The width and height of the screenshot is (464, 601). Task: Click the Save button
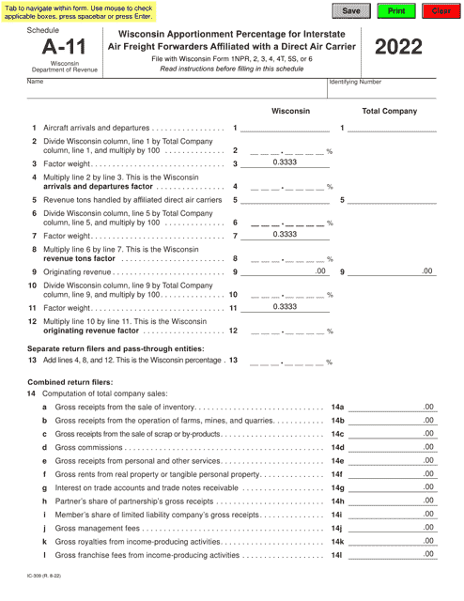[350, 10]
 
